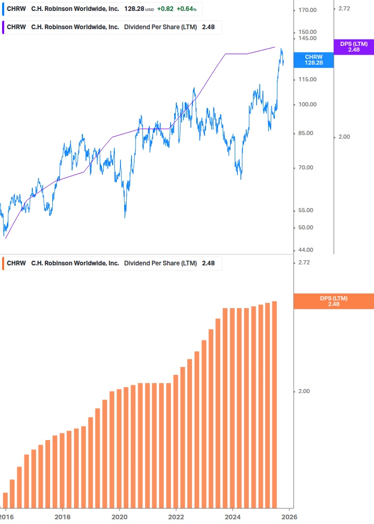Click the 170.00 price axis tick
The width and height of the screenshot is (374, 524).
point(308,10)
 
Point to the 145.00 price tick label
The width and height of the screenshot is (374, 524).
point(308,39)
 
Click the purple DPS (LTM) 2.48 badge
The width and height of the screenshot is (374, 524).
point(354,47)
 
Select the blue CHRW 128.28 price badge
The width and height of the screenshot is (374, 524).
point(313,59)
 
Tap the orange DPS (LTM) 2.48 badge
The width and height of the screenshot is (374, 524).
point(333,301)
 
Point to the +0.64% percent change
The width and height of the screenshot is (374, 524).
point(186,9)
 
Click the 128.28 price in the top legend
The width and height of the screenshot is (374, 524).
point(134,9)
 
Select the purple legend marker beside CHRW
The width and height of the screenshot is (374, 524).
point(3,27)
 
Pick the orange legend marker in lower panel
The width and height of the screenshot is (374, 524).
point(3,263)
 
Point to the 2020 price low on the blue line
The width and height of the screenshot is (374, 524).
point(125,217)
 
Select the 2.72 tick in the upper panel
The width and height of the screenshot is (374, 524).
point(344,9)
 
